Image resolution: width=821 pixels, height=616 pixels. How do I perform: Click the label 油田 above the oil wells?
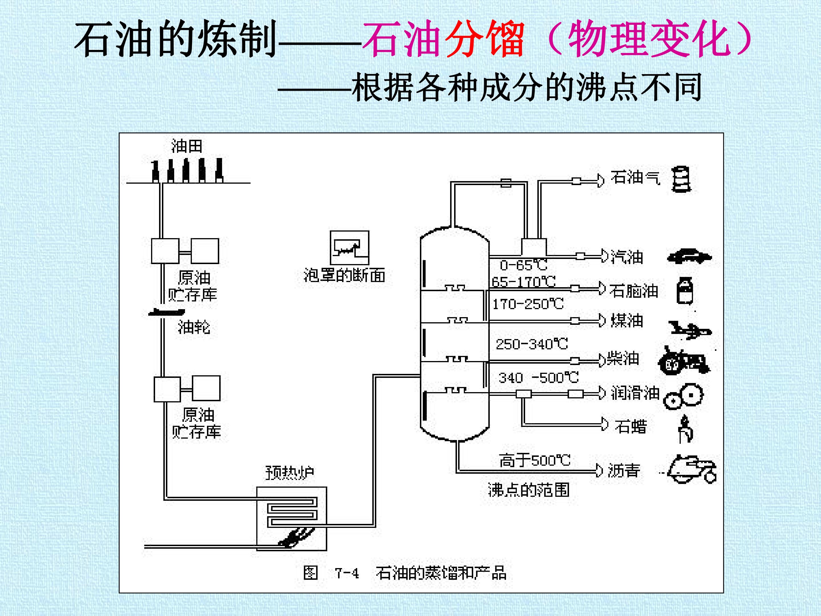tap(187, 146)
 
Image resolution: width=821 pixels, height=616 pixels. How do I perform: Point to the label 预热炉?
tap(290, 473)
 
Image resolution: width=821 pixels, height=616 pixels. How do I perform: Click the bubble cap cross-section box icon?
tap(349, 248)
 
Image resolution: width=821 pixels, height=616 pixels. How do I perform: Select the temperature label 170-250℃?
tap(528, 304)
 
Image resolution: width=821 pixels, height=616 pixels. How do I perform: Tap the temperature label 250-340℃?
tap(531, 344)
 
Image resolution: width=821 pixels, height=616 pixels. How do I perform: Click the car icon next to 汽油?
tap(689, 256)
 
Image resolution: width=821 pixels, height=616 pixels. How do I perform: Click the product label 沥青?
tap(624, 471)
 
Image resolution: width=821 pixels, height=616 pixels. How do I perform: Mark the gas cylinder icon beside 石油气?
tap(681, 179)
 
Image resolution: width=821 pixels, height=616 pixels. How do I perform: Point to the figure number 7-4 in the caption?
tap(347, 573)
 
